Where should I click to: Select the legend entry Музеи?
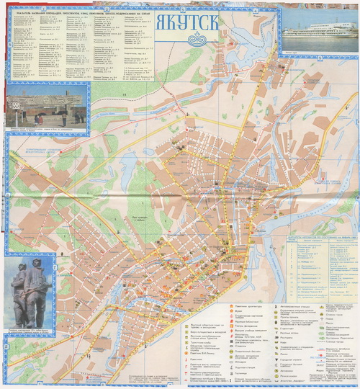click(x=240, y=311)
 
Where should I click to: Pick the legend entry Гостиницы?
click(x=241, y=372)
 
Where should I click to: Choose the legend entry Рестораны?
click(x=284, y=337)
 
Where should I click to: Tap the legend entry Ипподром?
click(x=240, y=361)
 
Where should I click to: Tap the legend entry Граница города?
click(x=338, y=341)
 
